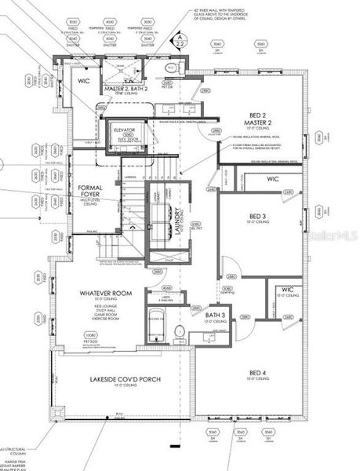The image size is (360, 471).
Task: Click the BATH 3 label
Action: point(216,316)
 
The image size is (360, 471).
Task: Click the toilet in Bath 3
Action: point(179,333)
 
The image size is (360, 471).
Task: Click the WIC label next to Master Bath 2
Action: point(83,79)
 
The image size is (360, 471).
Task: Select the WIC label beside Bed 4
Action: point(287,290)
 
